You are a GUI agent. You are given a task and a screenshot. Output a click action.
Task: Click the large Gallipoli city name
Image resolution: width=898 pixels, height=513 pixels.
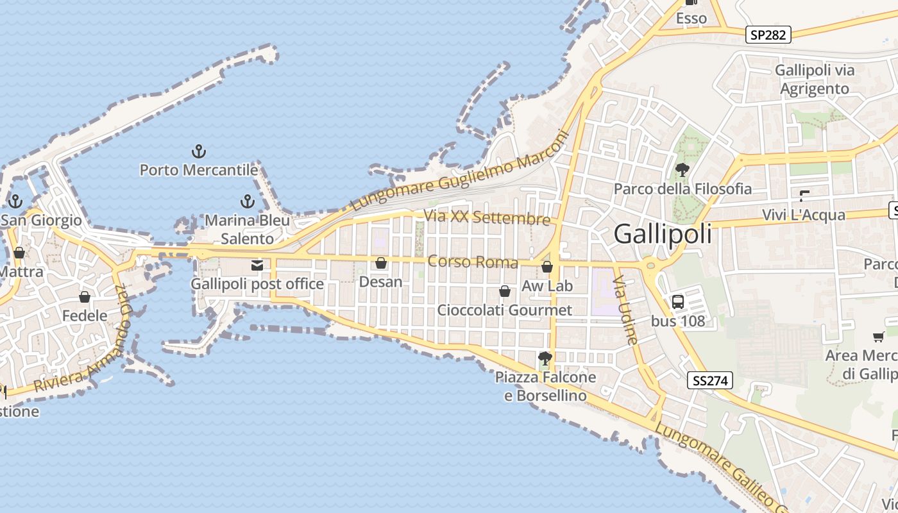663,234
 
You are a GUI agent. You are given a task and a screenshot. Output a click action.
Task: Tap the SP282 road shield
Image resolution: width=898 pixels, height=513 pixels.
768,35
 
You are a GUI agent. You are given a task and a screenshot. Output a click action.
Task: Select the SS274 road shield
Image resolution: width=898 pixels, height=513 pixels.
711,380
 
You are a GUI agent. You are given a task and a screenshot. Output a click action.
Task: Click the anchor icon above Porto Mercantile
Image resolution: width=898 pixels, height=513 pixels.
199,152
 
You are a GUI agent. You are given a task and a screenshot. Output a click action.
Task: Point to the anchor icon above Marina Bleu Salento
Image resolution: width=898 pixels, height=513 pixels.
247,201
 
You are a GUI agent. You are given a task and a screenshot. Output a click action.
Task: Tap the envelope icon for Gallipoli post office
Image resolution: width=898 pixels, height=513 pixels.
257,265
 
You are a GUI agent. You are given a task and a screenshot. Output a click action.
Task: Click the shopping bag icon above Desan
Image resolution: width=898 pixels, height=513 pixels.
381,263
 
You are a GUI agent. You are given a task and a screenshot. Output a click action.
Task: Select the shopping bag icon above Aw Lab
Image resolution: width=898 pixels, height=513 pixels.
547,267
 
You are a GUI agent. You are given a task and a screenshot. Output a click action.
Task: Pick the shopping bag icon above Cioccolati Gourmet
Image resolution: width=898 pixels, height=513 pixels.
505,291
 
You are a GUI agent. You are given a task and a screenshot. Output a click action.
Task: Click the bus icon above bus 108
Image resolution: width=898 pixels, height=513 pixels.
678,302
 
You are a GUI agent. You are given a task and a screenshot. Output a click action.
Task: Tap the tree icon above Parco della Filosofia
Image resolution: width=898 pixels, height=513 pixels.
682,170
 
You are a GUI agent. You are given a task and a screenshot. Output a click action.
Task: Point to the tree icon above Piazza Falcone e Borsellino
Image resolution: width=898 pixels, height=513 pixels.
545,358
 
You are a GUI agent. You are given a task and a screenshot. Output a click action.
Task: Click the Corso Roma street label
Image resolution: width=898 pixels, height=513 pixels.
473,262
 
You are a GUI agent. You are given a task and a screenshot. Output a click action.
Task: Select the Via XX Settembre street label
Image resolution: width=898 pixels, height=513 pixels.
487,217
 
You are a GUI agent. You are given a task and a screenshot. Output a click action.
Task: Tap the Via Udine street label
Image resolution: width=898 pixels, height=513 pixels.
625,310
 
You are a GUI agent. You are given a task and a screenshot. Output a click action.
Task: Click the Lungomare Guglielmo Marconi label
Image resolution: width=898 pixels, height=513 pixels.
460,172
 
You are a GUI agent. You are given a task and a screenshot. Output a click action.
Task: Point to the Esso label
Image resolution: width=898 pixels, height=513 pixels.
691,19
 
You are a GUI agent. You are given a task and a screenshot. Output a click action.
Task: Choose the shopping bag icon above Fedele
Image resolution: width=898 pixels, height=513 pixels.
85,297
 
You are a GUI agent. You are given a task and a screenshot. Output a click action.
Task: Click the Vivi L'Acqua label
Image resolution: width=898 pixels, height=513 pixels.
804,215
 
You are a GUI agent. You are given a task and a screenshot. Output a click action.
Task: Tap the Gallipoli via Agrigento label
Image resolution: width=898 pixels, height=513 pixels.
815,80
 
